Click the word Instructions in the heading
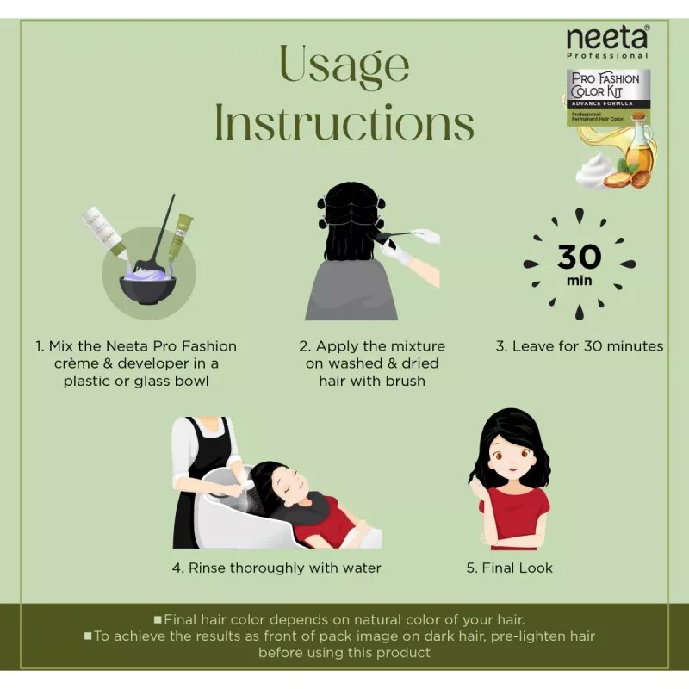pyautogui.click(x=344, y=123)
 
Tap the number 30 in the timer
pyautogui.click(x=579, y=257)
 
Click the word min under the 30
pyautogui.click(x=579, y=281)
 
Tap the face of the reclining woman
pyautogui.click(x=301, y=487)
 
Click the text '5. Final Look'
pyautogui.click(x=510, y=568)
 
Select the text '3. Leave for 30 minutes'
pyautogui.click(x=579, y=346)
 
